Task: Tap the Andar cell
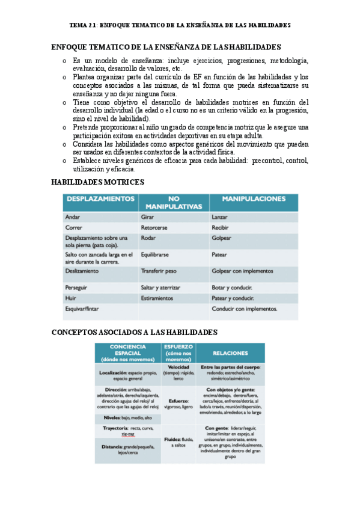[x=73, y=217]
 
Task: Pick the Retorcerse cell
[x=155, y=228]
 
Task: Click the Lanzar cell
[x=221, y=217]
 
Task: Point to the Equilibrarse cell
[x=157, y=254]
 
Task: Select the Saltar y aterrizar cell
[x=164, y=288]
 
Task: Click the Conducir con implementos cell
[x=244, y=309]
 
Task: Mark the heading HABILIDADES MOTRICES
[x=97, y=182]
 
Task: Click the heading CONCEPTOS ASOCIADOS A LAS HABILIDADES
[x=135, y=332]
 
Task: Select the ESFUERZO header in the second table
[x=178, y=346]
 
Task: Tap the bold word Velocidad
[x=178, y=367]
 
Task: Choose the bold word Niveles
[x=108, y=417]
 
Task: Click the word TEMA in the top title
[x=78, y=26]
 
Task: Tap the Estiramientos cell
[x=157, y=298]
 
